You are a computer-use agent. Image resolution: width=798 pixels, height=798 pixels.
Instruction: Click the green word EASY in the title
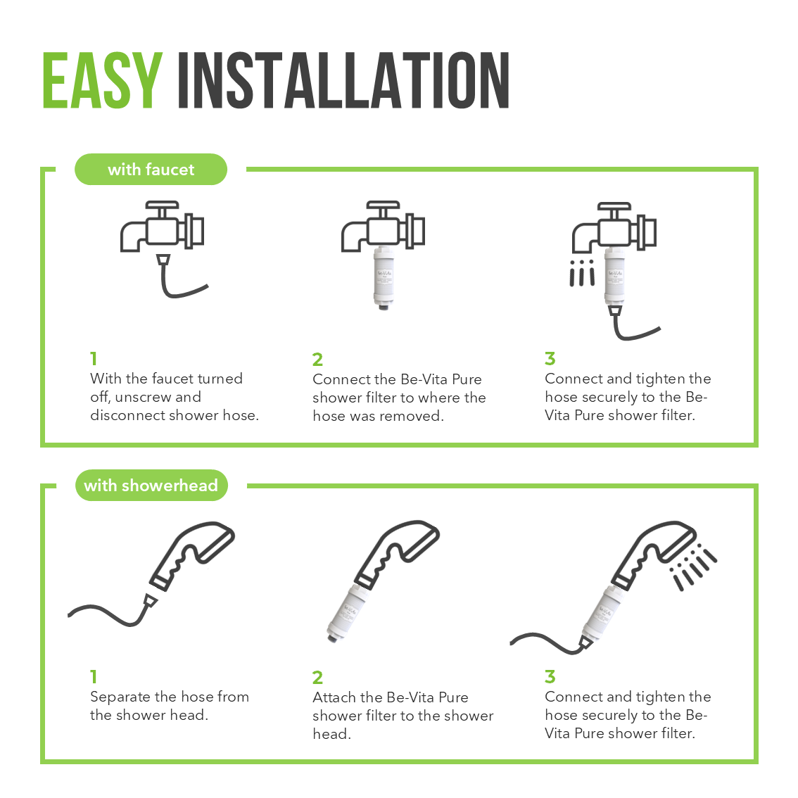click(102, 80)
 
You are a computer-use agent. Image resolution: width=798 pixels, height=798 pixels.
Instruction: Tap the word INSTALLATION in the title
click(343, 80)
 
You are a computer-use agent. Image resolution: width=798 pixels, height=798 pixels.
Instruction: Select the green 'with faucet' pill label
click(151, 169)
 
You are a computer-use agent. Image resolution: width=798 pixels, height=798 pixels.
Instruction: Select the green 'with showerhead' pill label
click(151, 485)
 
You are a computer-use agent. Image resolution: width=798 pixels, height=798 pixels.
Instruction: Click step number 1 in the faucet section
click(94, 359)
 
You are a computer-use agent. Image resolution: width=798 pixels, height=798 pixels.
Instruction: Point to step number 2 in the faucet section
click(317, 360)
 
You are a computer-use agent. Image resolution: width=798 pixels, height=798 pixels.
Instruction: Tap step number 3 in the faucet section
click(550, 359)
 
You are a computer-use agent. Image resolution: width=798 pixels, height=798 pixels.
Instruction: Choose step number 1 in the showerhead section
click(94, 677)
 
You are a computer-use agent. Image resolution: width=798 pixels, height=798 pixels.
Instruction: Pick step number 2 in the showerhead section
click(317, 678)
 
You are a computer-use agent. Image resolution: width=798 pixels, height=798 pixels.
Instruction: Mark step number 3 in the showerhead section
click(550, 677)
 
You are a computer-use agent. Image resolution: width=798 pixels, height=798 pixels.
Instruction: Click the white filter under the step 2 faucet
click(384, 277)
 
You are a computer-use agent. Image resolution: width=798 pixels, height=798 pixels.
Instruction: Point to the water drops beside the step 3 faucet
click(582, 273)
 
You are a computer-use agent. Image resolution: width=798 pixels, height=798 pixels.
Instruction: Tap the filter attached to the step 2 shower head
click(348, 613)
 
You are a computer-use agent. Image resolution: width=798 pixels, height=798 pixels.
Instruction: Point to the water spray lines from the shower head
click(694, 566)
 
